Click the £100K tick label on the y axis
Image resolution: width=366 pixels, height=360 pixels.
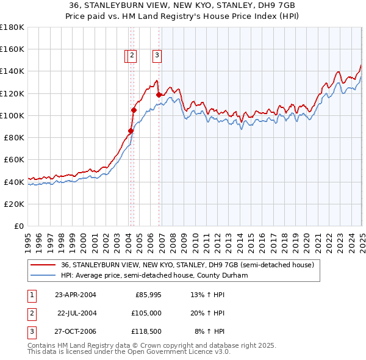pos(12,115)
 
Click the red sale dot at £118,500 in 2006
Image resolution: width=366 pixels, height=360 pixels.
pos(159,95)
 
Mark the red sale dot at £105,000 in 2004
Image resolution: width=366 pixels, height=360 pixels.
pos(134,110)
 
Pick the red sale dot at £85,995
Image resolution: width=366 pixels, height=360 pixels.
pos(131,131)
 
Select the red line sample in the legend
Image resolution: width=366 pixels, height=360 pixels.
pos(43,265)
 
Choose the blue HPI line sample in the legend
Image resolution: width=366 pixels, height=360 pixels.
pos(43,275)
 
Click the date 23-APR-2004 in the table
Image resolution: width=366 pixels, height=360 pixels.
pos(76,295)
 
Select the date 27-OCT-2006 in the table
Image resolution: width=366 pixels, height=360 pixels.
pos(76,333)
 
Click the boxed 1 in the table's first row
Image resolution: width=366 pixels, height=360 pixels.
pos(31,295)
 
